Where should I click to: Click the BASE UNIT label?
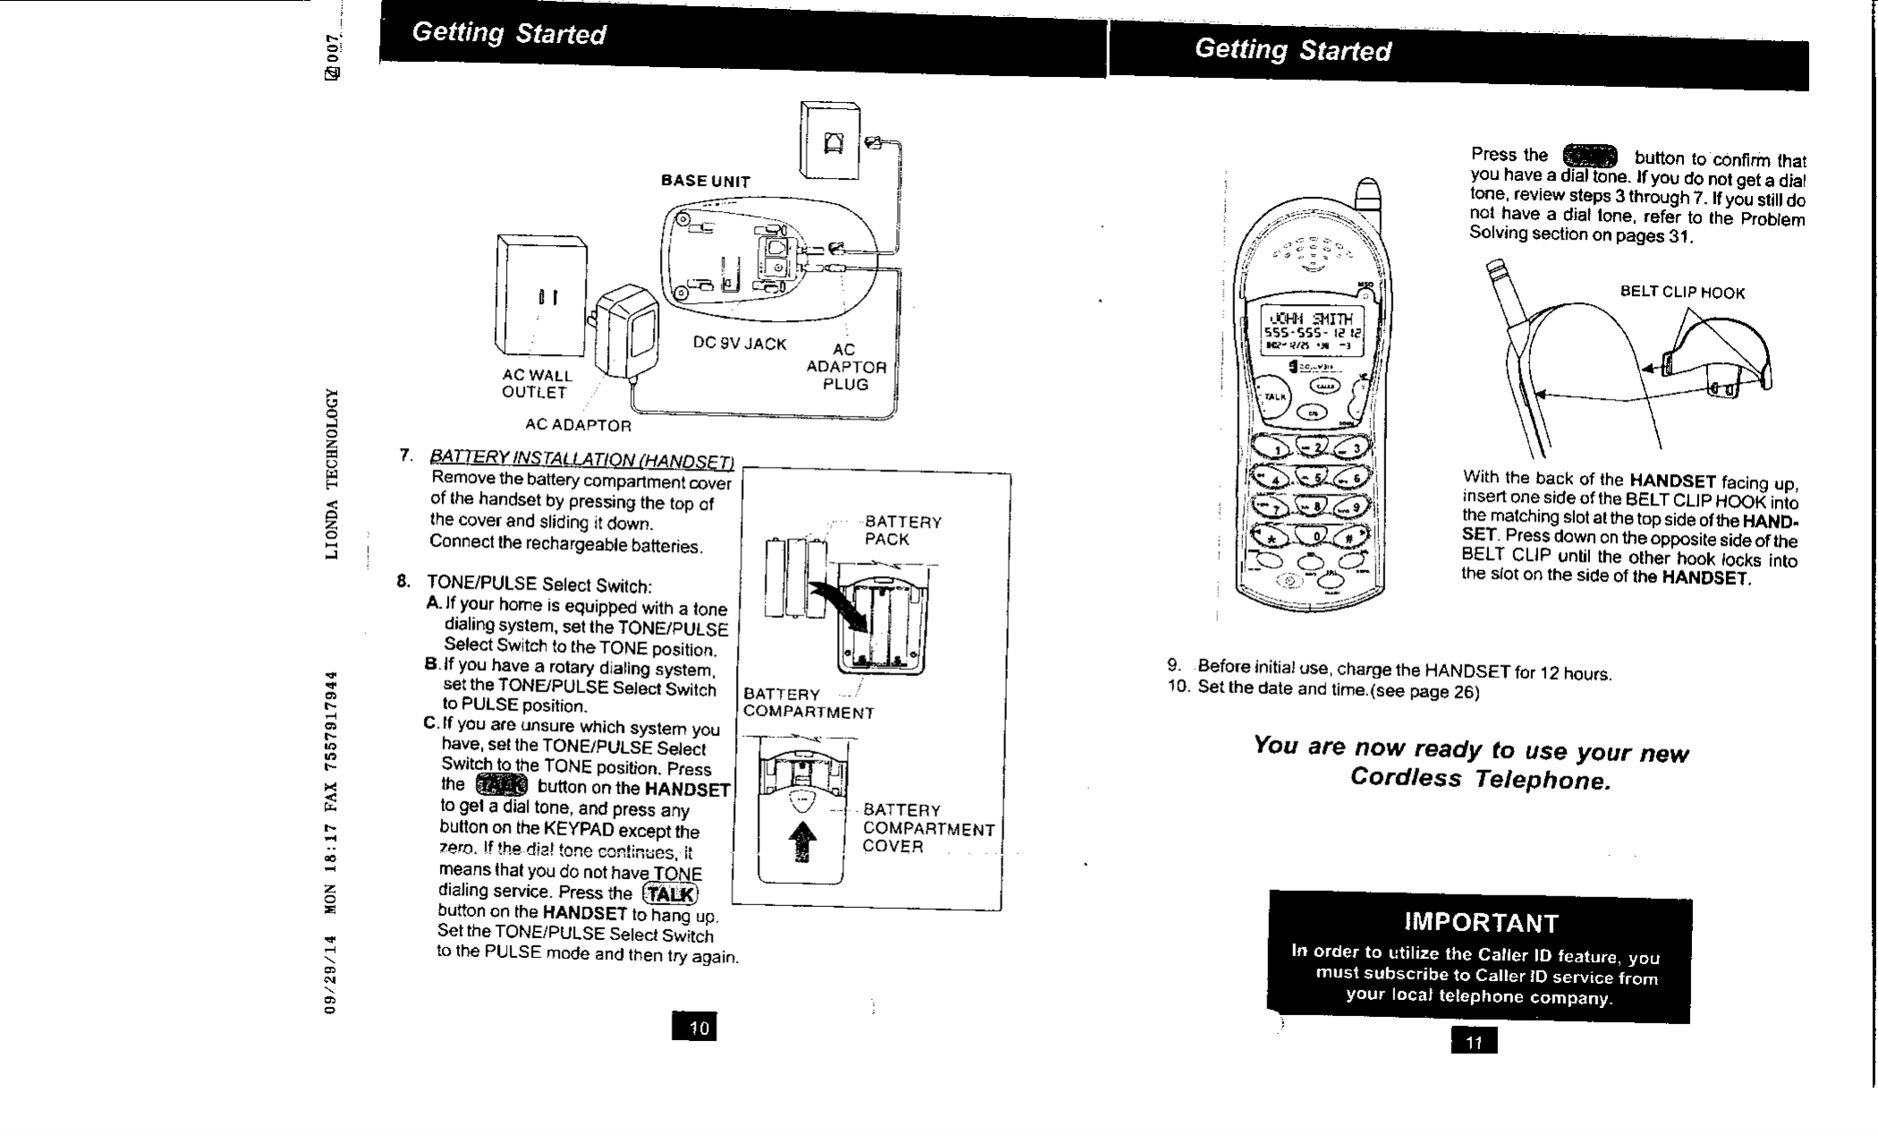pyautogui.click(x=706, y=182)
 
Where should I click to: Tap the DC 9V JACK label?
pyautogui.click(x=740, y=344)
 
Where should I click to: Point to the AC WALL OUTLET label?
pyautogui.click(x=537, y=384)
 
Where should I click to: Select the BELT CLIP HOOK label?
pyautogui.click(x=1682, y=293)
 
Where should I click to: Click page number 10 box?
pyautogui.click(x=694, y=1028)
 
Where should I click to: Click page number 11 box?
pyautogui.click(x=1474, y=1041)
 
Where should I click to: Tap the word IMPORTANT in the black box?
pyautogui.click(x=1481, y=923)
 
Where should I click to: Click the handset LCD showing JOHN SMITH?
pyautogui.click(x=1310, y=331)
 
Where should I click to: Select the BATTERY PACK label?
pyautogui.click(x=902, y=531)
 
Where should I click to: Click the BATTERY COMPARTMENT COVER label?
pyautogui.click(x=927, y=828)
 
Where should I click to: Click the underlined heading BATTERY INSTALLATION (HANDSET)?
pyautogui.click(x=581, y=459)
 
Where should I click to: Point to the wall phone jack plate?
pyautogui.click(x=830, y=140)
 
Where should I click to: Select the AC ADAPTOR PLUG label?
pyautogui.click(x=845, y=367)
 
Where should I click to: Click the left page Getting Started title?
pyautogui.click(x=508, y=34)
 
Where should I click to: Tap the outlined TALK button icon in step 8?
pyautogui.click(x=670, y=894)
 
